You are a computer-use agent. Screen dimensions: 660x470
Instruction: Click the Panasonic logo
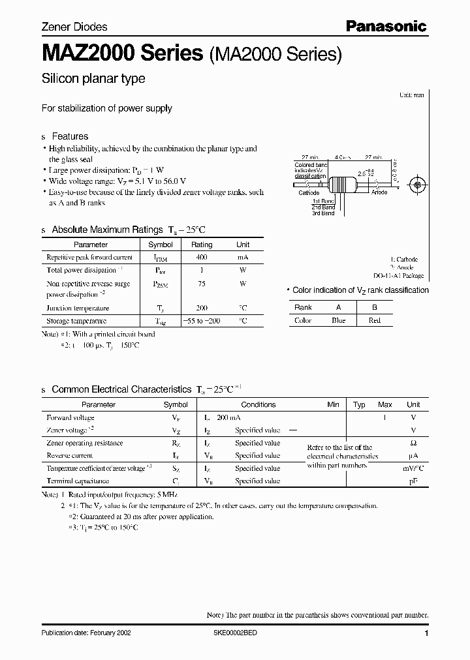point(386,26)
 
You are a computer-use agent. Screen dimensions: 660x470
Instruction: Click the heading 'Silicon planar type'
point(93,79)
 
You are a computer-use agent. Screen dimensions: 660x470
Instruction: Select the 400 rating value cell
point(201,258)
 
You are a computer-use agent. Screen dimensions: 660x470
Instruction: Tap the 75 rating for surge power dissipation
point(201,284)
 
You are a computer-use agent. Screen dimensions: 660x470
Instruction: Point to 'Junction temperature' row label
point(78,308)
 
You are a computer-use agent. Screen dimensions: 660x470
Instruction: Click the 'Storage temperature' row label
point(76,321)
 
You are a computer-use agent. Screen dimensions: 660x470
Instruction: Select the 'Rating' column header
point(201,245)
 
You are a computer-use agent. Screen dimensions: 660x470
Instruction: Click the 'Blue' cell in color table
point(338,320)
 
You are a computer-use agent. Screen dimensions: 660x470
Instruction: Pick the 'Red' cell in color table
point(374,320)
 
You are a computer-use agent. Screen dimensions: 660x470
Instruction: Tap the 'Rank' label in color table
point(303,307)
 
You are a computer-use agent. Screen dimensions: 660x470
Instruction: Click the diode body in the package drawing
point(342,185)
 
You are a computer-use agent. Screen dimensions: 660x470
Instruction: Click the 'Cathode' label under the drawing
point(309,193)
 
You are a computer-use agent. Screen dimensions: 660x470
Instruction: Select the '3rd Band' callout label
point(322,213)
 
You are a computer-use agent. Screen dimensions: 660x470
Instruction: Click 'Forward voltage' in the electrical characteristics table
point(70,417)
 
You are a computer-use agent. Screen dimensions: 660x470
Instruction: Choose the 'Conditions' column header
point(258,404)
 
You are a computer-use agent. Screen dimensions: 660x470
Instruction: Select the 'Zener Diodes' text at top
point(74,27)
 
